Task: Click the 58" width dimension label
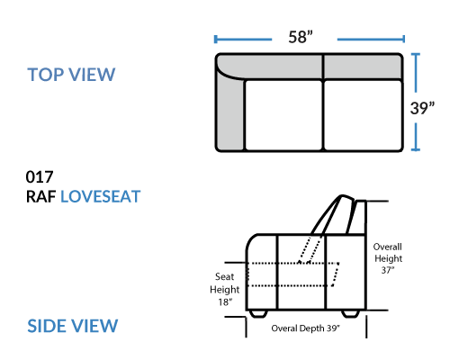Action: point(301,37)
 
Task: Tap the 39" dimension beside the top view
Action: point(422,108)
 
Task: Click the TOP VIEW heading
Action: point(71,75)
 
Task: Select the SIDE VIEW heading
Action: point(73,326)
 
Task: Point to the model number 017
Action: point(40,176)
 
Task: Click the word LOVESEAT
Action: point(101,197)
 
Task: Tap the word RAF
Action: point(41,197)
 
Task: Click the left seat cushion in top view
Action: point(283,115)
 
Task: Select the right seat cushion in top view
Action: point(363,115)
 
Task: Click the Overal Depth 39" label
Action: point(306,328)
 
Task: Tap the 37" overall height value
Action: point(388,270)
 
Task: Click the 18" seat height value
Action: point(225,301)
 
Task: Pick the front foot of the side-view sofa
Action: point(258,314)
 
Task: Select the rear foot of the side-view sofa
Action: point(351,314)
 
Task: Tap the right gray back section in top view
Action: point(363,67)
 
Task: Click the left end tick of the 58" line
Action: point(215,39)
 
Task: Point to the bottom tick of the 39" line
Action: point(416,149)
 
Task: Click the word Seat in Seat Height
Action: point(224,276)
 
